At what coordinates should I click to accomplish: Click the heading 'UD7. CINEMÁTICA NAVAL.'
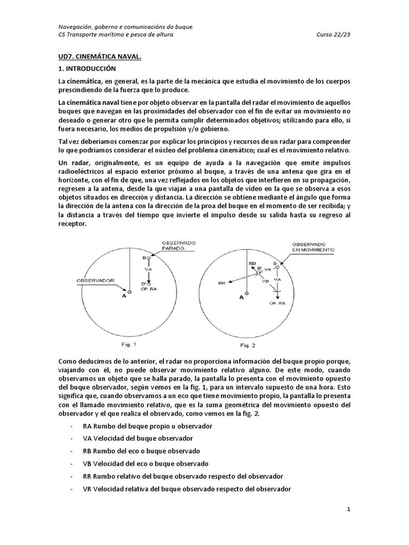point(100,56)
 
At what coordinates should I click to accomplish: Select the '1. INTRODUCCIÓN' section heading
point(87,69)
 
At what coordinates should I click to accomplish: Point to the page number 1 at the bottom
point(348,509)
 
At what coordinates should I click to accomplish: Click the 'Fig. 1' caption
point(130,344)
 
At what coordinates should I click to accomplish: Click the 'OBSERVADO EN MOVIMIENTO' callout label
point(313,246)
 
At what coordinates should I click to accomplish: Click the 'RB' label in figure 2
point(252,263)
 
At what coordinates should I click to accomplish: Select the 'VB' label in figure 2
point(265,280)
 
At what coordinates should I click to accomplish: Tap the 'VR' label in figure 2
point(268,270)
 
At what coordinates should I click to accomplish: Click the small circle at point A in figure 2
point(246,293)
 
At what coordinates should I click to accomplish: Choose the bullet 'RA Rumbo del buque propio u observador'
point(148,426)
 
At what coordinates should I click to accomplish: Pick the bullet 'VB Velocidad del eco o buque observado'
point(145,464)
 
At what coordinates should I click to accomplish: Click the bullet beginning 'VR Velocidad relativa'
point(187,489)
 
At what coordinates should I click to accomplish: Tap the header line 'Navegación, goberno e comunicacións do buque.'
point(126,27)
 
